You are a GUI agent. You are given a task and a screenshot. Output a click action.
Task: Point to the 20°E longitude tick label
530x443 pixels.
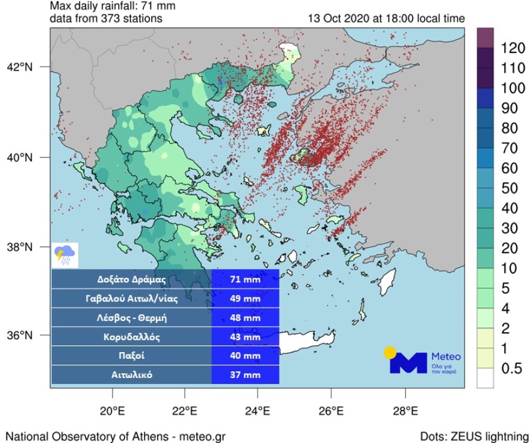[x=112, y=412]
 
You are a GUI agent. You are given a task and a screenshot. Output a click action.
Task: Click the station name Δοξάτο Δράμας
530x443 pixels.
[x=131, y=280]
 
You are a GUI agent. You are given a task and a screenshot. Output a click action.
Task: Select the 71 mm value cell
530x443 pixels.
[x=245, y=280]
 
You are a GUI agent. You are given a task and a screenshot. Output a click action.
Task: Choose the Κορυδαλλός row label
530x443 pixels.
[x=131, y=336]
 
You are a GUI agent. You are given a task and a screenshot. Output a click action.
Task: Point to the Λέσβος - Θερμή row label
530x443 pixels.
[x=131, y=317]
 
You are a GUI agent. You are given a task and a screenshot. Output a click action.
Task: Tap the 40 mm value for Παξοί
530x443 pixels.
[x=245, y=356]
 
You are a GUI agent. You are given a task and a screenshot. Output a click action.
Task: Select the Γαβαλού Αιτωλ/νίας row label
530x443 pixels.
[x=131, y=299]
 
